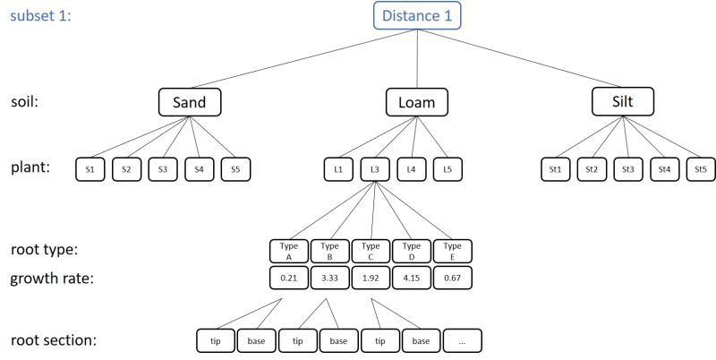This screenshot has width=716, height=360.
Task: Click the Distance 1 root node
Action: tap(417, 16)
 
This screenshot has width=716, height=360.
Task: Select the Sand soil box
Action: tap(190, 102)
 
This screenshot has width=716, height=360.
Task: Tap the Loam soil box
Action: tap(416, 102)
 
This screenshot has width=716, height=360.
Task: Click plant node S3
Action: tap(163, 168)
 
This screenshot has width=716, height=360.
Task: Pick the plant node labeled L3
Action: tap(376, 168)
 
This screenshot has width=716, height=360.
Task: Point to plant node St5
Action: tap(700, 168)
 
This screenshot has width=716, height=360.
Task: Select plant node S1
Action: tap(90, 168)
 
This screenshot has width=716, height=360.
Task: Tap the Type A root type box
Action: tap(288, 250)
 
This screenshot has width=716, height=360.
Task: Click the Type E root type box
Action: tap(453, 250)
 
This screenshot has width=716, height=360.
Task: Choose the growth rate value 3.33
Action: tap(329, 278)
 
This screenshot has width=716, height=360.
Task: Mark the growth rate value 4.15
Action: tap(412, 278)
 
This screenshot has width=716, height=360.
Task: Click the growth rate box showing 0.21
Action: tap(288, 278)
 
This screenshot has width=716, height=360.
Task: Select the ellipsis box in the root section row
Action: tap(462, 340)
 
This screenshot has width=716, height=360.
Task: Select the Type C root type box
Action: tap(371, 250)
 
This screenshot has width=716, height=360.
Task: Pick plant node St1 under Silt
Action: tap(555, 168)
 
